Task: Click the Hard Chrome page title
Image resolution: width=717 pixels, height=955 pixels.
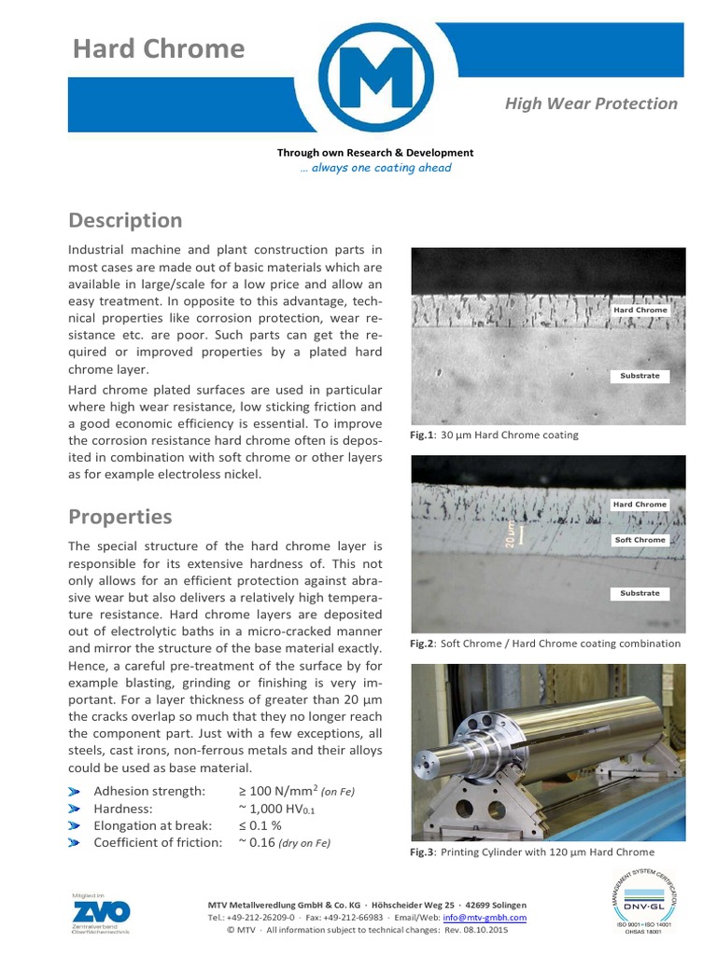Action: point(159,48)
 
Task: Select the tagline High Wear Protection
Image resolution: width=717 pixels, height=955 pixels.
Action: point(591,104)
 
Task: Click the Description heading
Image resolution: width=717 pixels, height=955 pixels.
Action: point(125,220)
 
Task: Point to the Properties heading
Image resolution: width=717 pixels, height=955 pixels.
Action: point(119,517)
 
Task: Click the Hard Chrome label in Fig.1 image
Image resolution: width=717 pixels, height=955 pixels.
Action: point(640,310)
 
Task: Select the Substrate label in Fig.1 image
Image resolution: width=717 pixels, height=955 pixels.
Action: point(640,376)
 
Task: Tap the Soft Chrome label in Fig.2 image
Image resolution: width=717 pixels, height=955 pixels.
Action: point(640,540)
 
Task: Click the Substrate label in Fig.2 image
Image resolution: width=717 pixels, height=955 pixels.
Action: point(640,593)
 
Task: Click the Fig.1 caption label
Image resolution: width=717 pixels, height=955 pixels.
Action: point(424,435)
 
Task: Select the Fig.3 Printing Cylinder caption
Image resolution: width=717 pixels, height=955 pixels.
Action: point(532,851)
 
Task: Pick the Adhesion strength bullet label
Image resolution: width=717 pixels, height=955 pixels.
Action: point(149,792)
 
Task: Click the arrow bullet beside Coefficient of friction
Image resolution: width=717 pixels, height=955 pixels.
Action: point(75,843)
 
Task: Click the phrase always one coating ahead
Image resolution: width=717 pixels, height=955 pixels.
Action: point(375,168)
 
